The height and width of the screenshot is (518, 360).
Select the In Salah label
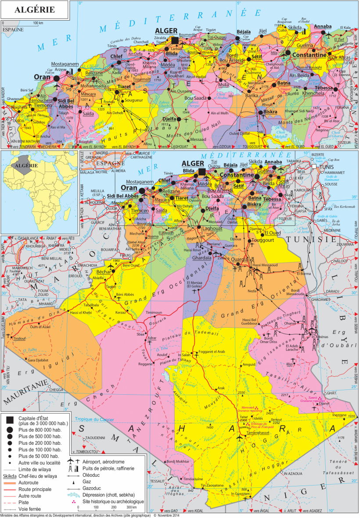184,354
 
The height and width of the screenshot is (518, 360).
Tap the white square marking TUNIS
314,167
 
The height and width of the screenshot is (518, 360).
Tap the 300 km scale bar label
132,507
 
